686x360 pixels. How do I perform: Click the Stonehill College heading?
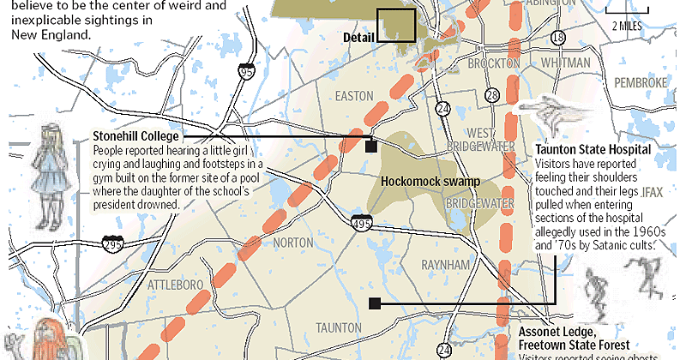[x=135, y=136]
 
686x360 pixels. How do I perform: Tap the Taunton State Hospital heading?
[x=593, y=148]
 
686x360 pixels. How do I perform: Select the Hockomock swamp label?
[x=428, y=181]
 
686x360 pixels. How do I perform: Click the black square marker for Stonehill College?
[x=370, y=147]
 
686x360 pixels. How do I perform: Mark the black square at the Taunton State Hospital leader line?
[x=374, y=303]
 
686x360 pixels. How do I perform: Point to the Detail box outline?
[x=396, y=24]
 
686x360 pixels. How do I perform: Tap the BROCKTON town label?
[x=493, y=64]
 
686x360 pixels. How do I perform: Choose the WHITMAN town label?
[x=564, y=63]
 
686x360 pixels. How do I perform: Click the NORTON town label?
[x=292, y=243]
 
